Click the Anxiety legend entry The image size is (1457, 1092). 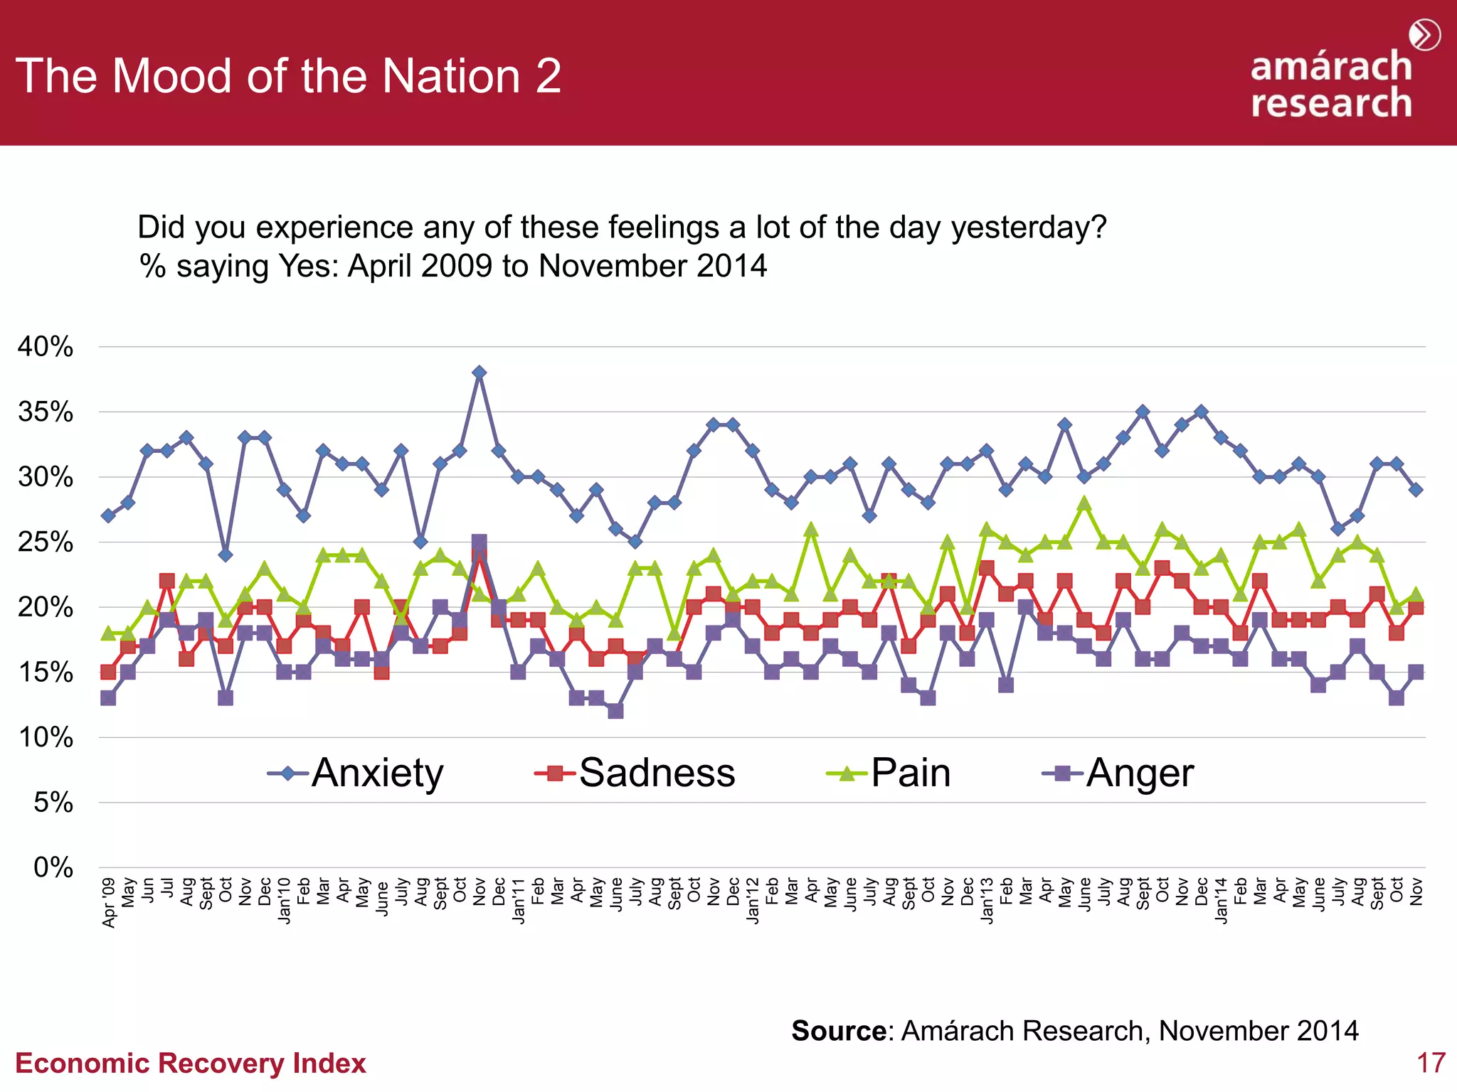(x=356, y=773)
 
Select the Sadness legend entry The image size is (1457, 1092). (x=635, y=773)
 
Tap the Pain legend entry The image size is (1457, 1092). (x=889, y=773)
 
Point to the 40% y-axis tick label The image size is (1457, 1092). (x=46, y=347)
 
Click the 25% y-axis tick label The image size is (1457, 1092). (x=46, y=542)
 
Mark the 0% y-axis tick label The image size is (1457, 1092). (x=53, y=867)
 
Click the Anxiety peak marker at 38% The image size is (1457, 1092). (x=480, y=373)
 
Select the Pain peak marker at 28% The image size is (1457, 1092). (x=1084, y=503)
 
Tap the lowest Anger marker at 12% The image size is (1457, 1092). (x=616, y=711)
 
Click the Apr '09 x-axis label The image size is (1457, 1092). (x=109, y=903)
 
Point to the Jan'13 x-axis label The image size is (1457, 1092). (x=987, y=901)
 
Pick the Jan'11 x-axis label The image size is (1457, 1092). (x=519, y=901)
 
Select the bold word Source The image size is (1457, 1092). (x=839, y=1031)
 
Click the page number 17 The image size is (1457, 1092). (x=1431, y=1063)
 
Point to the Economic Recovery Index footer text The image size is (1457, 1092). (x=190, y=1064)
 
